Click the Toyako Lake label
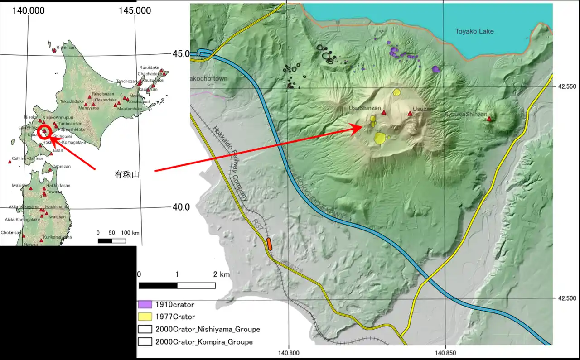(x=474, y=31)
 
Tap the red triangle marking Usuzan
(x=410, y=114)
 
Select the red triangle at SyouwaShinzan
(x=489, y=119)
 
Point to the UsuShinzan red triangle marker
(x=384, y=113)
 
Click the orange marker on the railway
(x=269, y=244)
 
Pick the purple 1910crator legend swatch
(x=145, y=305)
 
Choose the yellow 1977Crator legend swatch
(x=145, y=317)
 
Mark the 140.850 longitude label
(x=445, y=353)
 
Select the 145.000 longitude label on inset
(x=136, y=10)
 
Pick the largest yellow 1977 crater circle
(x=380, y=138)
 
